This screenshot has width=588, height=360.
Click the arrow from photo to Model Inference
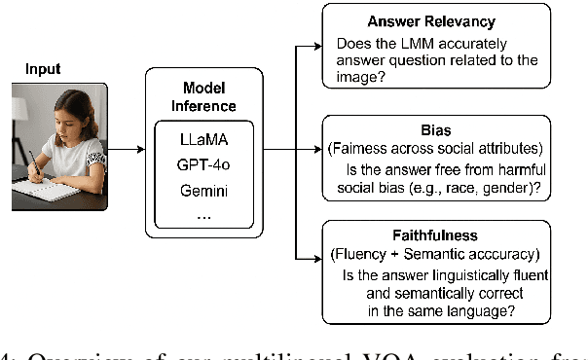(126, 151)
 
